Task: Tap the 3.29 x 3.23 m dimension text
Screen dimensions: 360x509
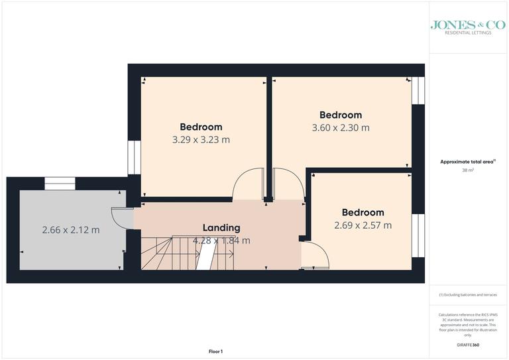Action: click(201, 140)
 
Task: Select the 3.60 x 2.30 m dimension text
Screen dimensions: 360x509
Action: click(341, 127)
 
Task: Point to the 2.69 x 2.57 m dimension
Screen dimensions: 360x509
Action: click(363, 225)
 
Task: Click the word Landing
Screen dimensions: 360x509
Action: click(221, 228)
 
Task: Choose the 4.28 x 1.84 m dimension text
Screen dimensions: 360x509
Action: click(221, 241)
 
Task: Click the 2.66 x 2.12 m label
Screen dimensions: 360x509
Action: click(71, 230)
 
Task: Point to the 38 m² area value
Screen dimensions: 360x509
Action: click(468, 170)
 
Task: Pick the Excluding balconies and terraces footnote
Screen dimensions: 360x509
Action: click(468, 294)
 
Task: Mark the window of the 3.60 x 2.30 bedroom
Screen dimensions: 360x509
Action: click(418, 91)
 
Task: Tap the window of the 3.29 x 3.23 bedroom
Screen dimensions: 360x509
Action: click(133, 158)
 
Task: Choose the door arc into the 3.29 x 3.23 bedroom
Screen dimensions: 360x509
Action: click(248, 184)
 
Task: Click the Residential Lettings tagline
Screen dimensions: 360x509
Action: click(468, 32)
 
